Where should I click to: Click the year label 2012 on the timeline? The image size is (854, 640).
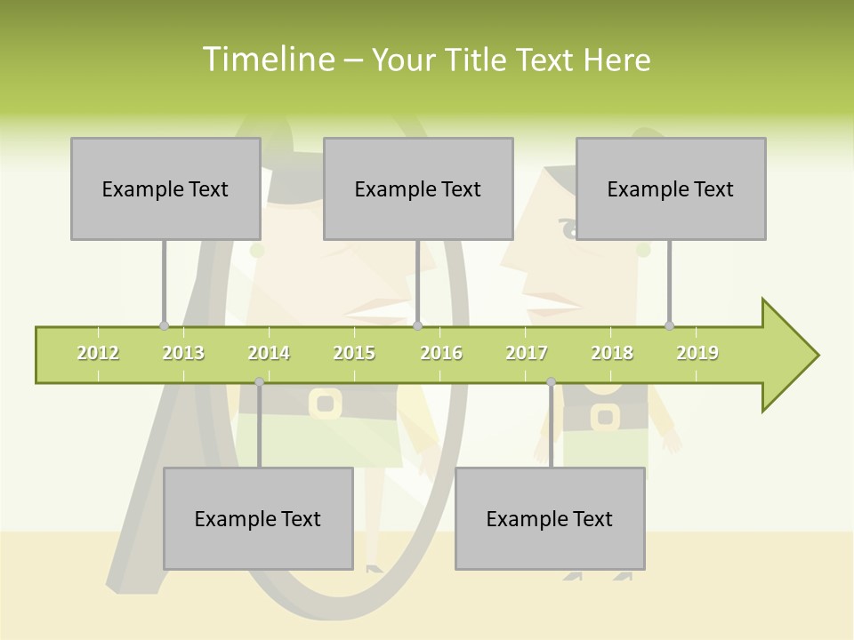(98, 353)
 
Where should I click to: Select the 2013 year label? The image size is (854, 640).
(183, 353)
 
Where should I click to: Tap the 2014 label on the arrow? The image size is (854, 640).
(269, 353)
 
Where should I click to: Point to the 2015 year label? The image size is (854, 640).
(354, 353)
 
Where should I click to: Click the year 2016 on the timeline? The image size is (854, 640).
(441, 353)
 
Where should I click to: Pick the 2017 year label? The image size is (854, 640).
(527, 353)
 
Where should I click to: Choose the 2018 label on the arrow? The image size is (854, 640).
(612, 353)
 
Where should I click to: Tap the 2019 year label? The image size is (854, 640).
(697, 353)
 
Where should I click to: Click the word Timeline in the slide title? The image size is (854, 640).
(267, 60)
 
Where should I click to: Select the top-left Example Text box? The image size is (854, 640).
(165, 188)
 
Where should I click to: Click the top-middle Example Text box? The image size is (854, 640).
(418, 188)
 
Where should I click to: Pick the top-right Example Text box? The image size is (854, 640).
(671, 188)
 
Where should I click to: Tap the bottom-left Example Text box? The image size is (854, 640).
(258, 518)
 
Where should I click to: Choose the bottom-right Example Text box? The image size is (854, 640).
(550, 518)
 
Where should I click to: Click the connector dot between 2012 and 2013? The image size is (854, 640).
(164, 326)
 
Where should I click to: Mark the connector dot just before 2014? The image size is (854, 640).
(259, 382)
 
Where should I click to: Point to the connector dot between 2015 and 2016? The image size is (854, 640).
(417, 326)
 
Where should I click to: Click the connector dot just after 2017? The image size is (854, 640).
(551, 382)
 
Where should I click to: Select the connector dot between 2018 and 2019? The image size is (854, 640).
(669, 326)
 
